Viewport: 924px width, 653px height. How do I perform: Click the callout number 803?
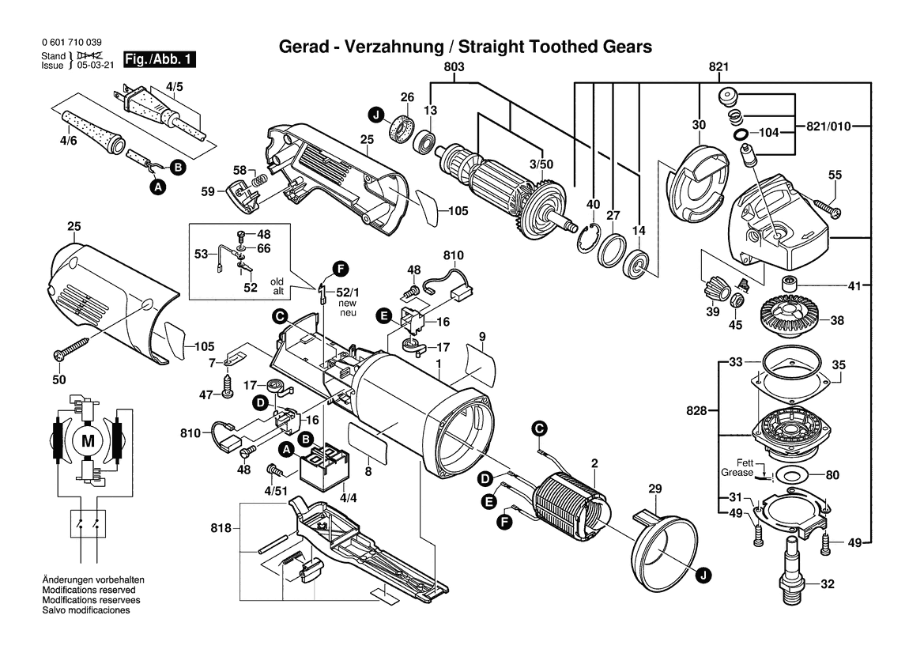click(x=454, y=67)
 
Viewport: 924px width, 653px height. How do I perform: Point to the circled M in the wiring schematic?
click(x=88, y=440)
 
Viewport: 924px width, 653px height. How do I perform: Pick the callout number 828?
click(x=697, y=411)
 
